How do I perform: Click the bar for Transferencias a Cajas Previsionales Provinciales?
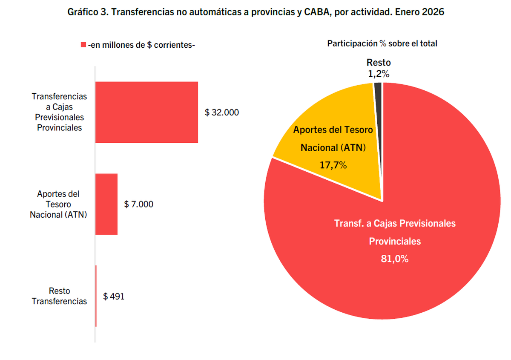pos(146,112)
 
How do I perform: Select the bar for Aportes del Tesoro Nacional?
pos(106,204)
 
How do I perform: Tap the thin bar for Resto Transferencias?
pos(96,296)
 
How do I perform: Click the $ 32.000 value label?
pos(222,112)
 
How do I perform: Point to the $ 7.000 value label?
pos(139,204)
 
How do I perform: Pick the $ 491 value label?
pos(114,297)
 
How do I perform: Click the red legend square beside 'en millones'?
pos(83,45)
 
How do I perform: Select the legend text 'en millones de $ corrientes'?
pos(141,45)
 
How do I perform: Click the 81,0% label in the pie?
pos(395,259)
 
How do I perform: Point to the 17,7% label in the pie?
pos(333,164)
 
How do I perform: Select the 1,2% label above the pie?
pos(379,74)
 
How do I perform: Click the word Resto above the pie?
pos(379,63)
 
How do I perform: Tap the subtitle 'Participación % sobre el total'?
pos(382,43)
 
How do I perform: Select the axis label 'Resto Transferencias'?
pos(60,296)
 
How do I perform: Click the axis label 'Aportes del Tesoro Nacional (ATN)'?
pos(58,204)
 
